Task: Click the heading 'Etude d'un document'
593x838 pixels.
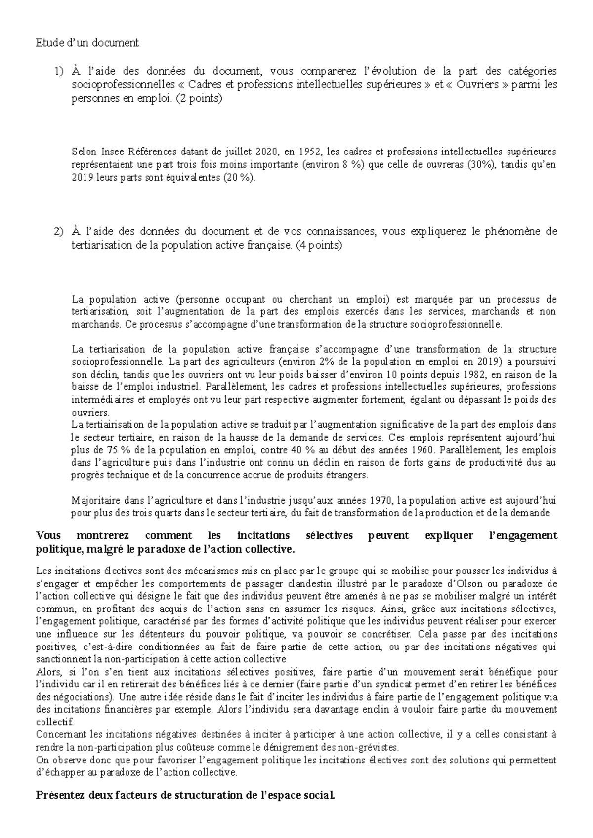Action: (87, 43)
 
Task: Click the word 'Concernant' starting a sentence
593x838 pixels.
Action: (60, 734)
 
